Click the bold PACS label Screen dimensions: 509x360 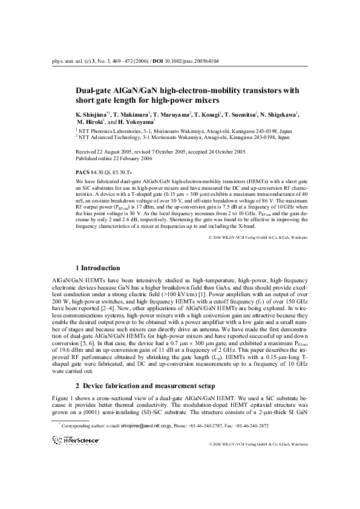tap(82, 172)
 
